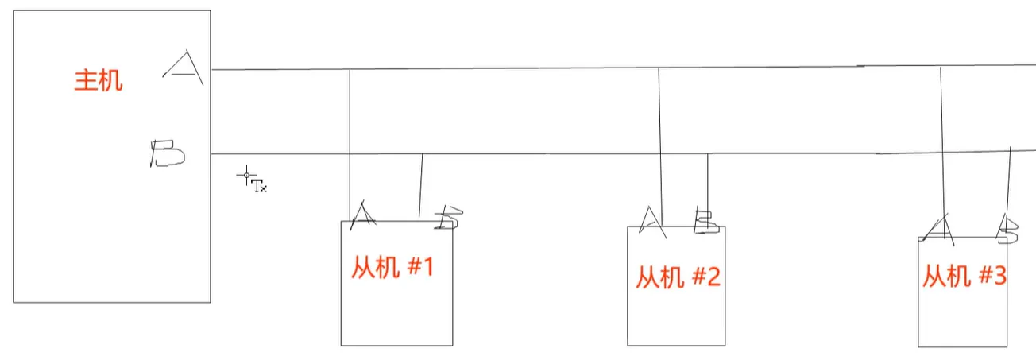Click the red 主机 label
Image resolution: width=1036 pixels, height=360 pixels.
99,81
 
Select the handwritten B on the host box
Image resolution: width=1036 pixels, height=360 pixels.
168,153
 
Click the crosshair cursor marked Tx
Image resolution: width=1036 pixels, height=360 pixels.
247,176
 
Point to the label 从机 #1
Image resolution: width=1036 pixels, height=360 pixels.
392,268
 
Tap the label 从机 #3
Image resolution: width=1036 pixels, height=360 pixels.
964,277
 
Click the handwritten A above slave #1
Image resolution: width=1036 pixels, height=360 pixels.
363,215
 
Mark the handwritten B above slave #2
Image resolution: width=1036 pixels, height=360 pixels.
705,221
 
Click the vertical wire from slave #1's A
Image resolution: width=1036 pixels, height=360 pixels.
350,135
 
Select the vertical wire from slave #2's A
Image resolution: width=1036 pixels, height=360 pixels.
660,135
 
